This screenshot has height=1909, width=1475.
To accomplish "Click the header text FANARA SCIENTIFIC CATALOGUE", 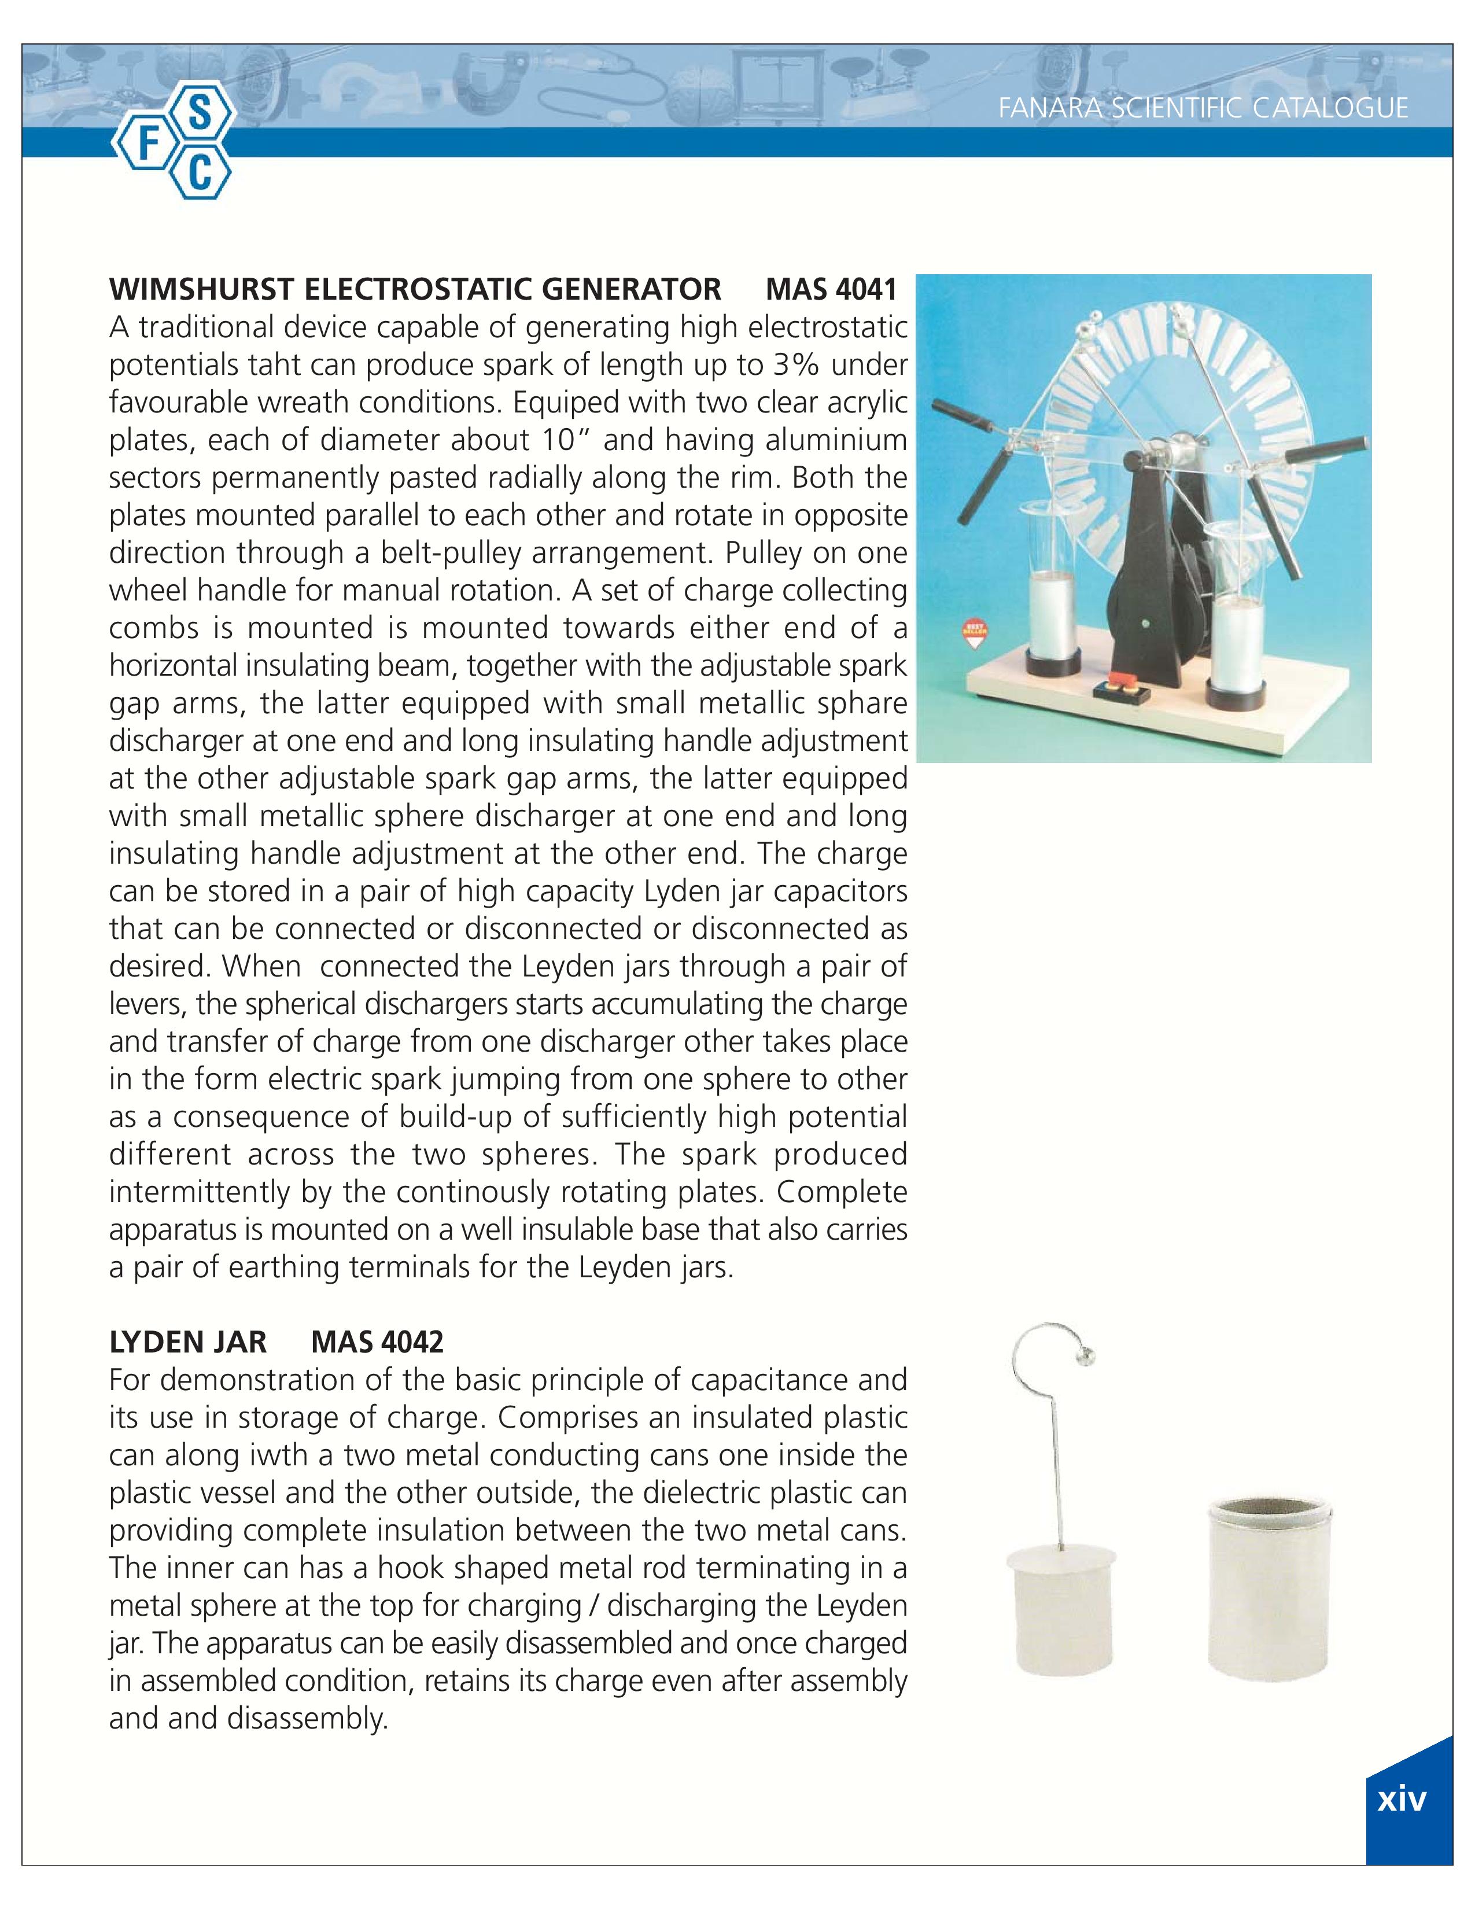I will (1203, 108).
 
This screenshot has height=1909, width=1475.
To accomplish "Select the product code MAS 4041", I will (831, 289).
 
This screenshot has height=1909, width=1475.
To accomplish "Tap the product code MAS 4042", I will (378, 1342).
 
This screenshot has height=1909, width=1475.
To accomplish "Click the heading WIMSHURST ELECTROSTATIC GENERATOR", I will (415, 289).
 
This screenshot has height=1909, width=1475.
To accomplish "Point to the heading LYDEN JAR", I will (188, 1342).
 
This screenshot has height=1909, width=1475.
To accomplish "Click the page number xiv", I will (1402, 1800).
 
